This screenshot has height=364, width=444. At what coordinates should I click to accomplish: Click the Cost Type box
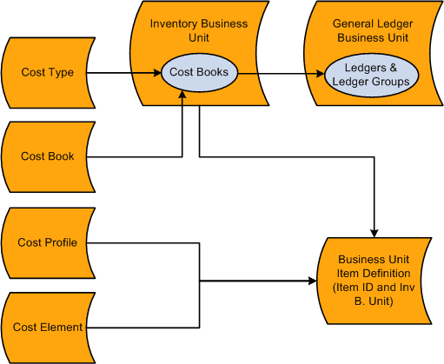[x=48, y=73]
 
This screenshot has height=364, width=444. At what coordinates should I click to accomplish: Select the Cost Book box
[x=48, y=157]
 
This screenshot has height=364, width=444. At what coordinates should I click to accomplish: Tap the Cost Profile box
[x=48, y=242]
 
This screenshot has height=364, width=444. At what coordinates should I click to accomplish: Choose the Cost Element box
[x=48, y=328]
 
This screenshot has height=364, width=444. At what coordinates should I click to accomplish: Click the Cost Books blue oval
[x=199, y=73]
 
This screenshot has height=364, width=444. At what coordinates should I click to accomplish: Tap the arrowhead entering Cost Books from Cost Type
[x=158, y=73]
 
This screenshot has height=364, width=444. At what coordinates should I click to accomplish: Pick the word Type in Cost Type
[x=61, y=73]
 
